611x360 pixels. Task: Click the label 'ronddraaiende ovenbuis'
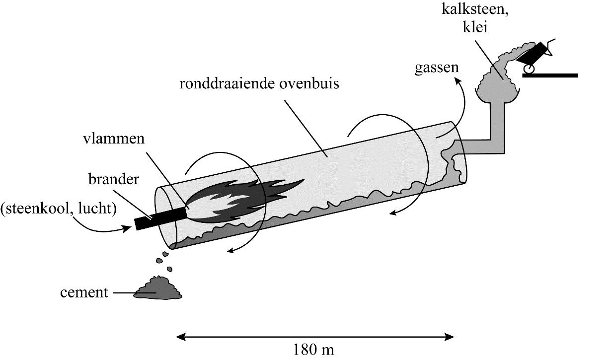(259, 83)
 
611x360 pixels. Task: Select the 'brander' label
(114, 179)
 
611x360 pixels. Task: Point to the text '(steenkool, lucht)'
(58, 209)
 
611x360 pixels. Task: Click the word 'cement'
(84, 292)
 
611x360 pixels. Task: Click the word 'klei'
(474, 28)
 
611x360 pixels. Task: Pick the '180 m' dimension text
(314, 350)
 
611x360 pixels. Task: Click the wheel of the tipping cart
(529, 70)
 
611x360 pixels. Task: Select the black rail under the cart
(550, 75)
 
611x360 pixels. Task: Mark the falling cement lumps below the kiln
(166, 260)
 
